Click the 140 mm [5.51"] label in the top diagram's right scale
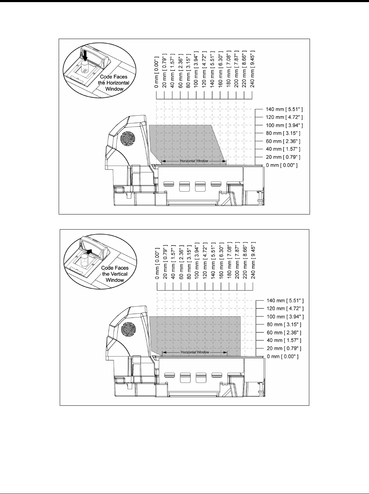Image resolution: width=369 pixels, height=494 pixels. tap(284, 109)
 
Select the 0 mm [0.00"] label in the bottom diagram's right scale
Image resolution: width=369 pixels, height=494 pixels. tap(283, 357)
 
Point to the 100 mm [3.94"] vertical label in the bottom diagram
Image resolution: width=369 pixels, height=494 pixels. tap(197, 260)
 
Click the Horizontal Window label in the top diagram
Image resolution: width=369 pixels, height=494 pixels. tap(194, 161)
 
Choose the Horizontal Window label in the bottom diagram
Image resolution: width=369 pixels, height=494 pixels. tap(195, 352)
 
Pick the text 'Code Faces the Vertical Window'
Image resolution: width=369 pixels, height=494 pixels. tap(115, 274)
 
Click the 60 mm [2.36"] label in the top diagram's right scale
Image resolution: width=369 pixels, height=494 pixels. tap(283, 141)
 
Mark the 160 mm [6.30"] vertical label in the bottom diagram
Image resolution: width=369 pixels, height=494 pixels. tap(221, 260)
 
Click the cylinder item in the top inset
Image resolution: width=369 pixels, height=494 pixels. tap(84, 67)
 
